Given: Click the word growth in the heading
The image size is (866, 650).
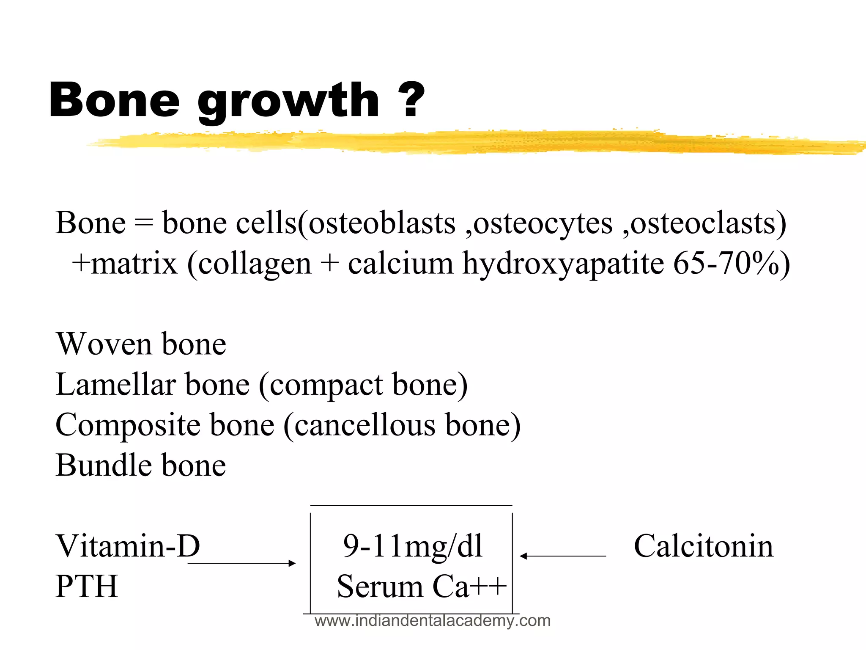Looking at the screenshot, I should pos(289,102).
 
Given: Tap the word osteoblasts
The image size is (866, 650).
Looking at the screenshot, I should pos(382,223).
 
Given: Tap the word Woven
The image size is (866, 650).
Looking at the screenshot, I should pos(104,344).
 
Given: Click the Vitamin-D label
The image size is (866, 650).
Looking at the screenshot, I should pos(128,545).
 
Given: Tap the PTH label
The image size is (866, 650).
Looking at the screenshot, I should pos(87,586).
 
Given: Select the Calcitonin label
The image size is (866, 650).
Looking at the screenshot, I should pos(703,545).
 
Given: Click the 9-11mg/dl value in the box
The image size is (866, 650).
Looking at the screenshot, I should pos(412,546).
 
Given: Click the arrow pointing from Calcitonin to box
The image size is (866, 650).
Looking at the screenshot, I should pos(562,556).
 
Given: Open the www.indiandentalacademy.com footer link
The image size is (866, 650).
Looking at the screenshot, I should pos(432,621).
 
